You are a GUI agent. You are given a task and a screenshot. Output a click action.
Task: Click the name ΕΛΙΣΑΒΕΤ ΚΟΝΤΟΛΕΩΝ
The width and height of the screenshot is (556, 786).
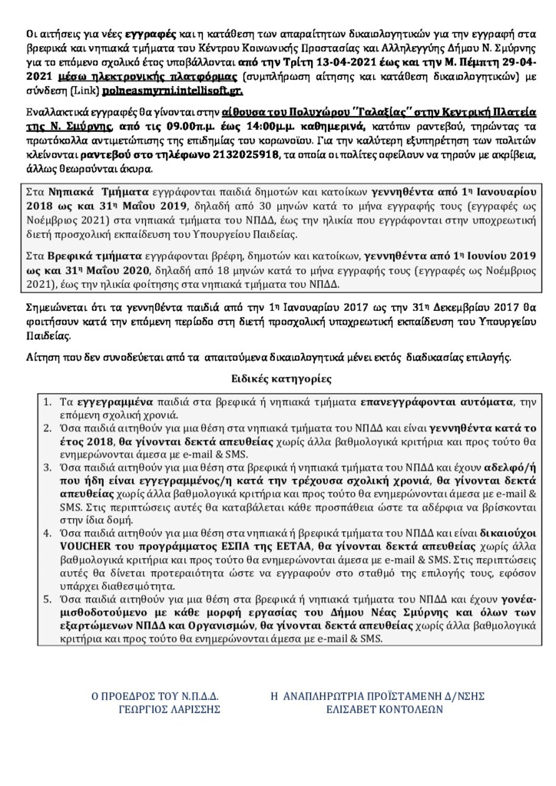click(379, 711)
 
